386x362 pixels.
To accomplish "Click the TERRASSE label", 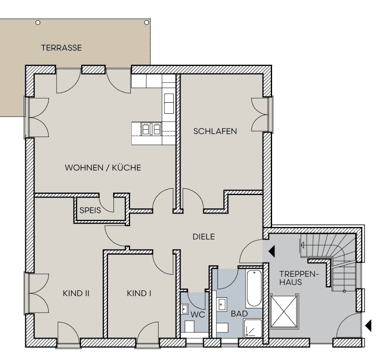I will coord(61,48).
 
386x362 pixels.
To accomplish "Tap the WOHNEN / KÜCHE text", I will coord(102,167).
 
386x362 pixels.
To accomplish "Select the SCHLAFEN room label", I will coord(215,131).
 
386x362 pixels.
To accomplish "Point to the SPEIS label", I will coord(90,210).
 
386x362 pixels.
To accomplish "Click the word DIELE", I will coord(204,237).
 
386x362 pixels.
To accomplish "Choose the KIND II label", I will coord(76,293).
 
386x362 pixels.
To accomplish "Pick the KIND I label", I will coord(139,293).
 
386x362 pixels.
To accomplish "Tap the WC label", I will coord(198,315).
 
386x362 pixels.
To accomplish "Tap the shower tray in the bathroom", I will coord(253,329).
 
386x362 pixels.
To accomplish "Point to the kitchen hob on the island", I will coord(151,129).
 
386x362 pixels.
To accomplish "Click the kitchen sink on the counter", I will coord(169,103).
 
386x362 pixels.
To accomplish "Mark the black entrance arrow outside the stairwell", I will coord(368,326).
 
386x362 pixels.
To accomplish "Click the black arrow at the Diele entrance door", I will coord(271,251).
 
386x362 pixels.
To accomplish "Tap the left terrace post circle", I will coord(38,22).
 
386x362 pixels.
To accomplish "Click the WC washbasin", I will coord(185,309).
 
